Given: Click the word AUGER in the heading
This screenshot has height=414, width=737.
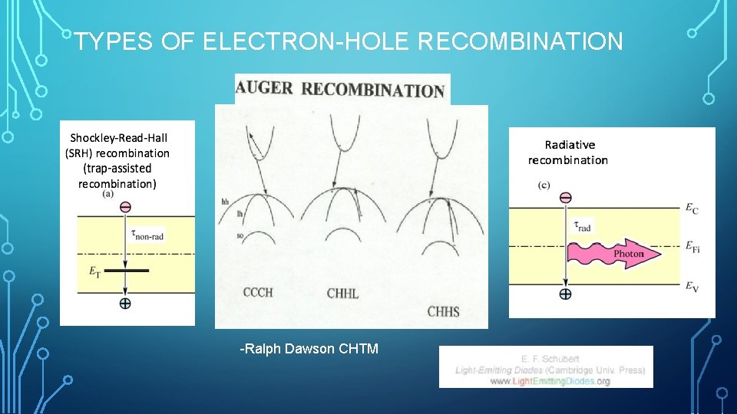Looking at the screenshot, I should [265, 87].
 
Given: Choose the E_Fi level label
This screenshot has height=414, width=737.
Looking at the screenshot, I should [692, 247].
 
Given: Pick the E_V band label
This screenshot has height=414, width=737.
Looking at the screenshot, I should [691, 286].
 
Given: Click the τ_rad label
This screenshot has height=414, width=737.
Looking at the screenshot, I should [583, 225].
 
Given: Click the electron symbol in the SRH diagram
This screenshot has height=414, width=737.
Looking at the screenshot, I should [125, 206].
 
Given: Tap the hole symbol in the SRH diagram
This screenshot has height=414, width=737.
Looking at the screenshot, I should [125, 303].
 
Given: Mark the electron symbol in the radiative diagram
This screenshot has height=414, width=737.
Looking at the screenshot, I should [565, 198].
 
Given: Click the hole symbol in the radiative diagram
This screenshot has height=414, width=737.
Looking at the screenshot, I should [565, 294].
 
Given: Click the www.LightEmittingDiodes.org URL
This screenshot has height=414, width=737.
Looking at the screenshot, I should [550, 381].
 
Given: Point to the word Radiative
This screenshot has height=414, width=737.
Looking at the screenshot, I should [570, 144].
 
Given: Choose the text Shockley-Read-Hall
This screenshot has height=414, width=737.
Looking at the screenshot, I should [119, 138].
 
